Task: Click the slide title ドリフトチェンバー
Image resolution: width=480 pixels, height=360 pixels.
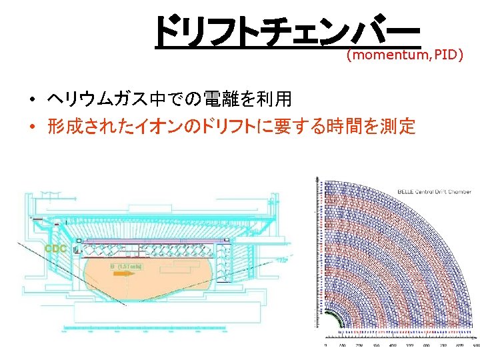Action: tap(287, 32)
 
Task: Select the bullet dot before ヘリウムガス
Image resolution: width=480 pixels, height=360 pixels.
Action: tap(31, 101)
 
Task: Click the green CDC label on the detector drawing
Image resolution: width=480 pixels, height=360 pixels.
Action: tap(56, 249)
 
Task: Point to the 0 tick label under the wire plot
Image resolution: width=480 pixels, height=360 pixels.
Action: tap(325, 345)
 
